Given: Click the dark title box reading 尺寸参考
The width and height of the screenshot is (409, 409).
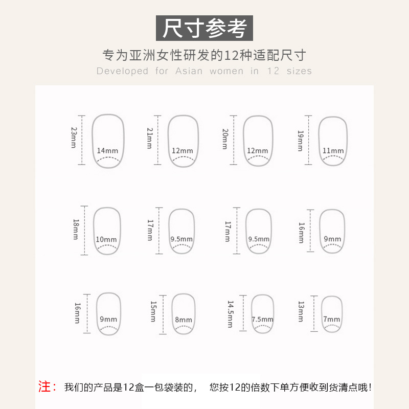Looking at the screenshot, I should [204, 28].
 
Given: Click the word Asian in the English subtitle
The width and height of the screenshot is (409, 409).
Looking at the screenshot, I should [189, 71].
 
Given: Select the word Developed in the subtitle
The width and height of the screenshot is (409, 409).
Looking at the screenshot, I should [122, 71].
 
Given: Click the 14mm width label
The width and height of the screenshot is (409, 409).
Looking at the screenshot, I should [107, 151].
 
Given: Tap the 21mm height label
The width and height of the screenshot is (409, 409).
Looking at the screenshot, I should [150, 138].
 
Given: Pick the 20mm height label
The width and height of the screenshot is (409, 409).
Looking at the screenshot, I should [224, 139].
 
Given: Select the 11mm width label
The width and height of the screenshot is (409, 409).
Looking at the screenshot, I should [333, 151].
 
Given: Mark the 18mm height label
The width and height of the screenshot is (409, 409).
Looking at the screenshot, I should [76, 230].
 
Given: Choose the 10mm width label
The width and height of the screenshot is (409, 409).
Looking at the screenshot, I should [106, 240].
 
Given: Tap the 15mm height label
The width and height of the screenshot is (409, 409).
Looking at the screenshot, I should [153, 311].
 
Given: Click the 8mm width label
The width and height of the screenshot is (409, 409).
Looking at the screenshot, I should [183, 320].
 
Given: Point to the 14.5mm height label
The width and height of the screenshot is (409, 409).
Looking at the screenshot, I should [230, 313].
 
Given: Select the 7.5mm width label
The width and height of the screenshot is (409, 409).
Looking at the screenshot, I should [262, 320].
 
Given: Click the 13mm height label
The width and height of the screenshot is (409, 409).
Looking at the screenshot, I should [301, 311].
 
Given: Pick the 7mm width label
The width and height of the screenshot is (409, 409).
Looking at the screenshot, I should [331, 320].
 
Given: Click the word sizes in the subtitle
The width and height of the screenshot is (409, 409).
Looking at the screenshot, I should [299, 71].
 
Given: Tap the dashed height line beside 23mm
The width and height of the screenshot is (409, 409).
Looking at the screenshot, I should [81, 138].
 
